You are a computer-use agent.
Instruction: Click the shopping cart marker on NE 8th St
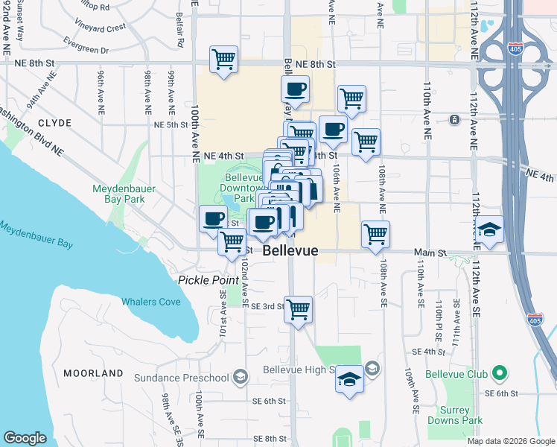pyautogui.click(x=223, y=60)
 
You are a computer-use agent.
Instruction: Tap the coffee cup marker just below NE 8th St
pyautogui.click(x=295, y=90)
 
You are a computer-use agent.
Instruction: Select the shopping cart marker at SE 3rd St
pyautogui.click(x=299, y=308)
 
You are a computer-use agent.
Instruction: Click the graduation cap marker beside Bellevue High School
pyautogui.click(x=348, y=379)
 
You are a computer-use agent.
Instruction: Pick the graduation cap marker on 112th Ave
pyautogui.click(x=490, y=229)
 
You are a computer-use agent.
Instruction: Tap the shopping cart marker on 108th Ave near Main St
pyautogui.click(x=376, y=234)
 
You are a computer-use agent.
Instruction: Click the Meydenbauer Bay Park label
pyautogui.click(x=124, y=194)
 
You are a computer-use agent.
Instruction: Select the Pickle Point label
pyautogui.click(x=208, y=279)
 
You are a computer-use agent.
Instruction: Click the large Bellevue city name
pyautogui.click(x=290, y=252)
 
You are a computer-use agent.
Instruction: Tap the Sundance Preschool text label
pyautogui.click(x=181, y=378)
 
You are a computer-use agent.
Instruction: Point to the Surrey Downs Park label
pyautogui.click(x=455, y=415)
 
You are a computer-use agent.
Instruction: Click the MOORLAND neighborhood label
pyautogui.click(x=93, y=372)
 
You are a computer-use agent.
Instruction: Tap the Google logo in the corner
pyautogui.click(x=25, y=438)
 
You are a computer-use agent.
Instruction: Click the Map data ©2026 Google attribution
pyautogui.click(x=511, y=441)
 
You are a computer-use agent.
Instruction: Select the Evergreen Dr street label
pyautogui.click(x=86, y=46)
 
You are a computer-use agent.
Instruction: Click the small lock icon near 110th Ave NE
pyautogui.click(x=453, y=119)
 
